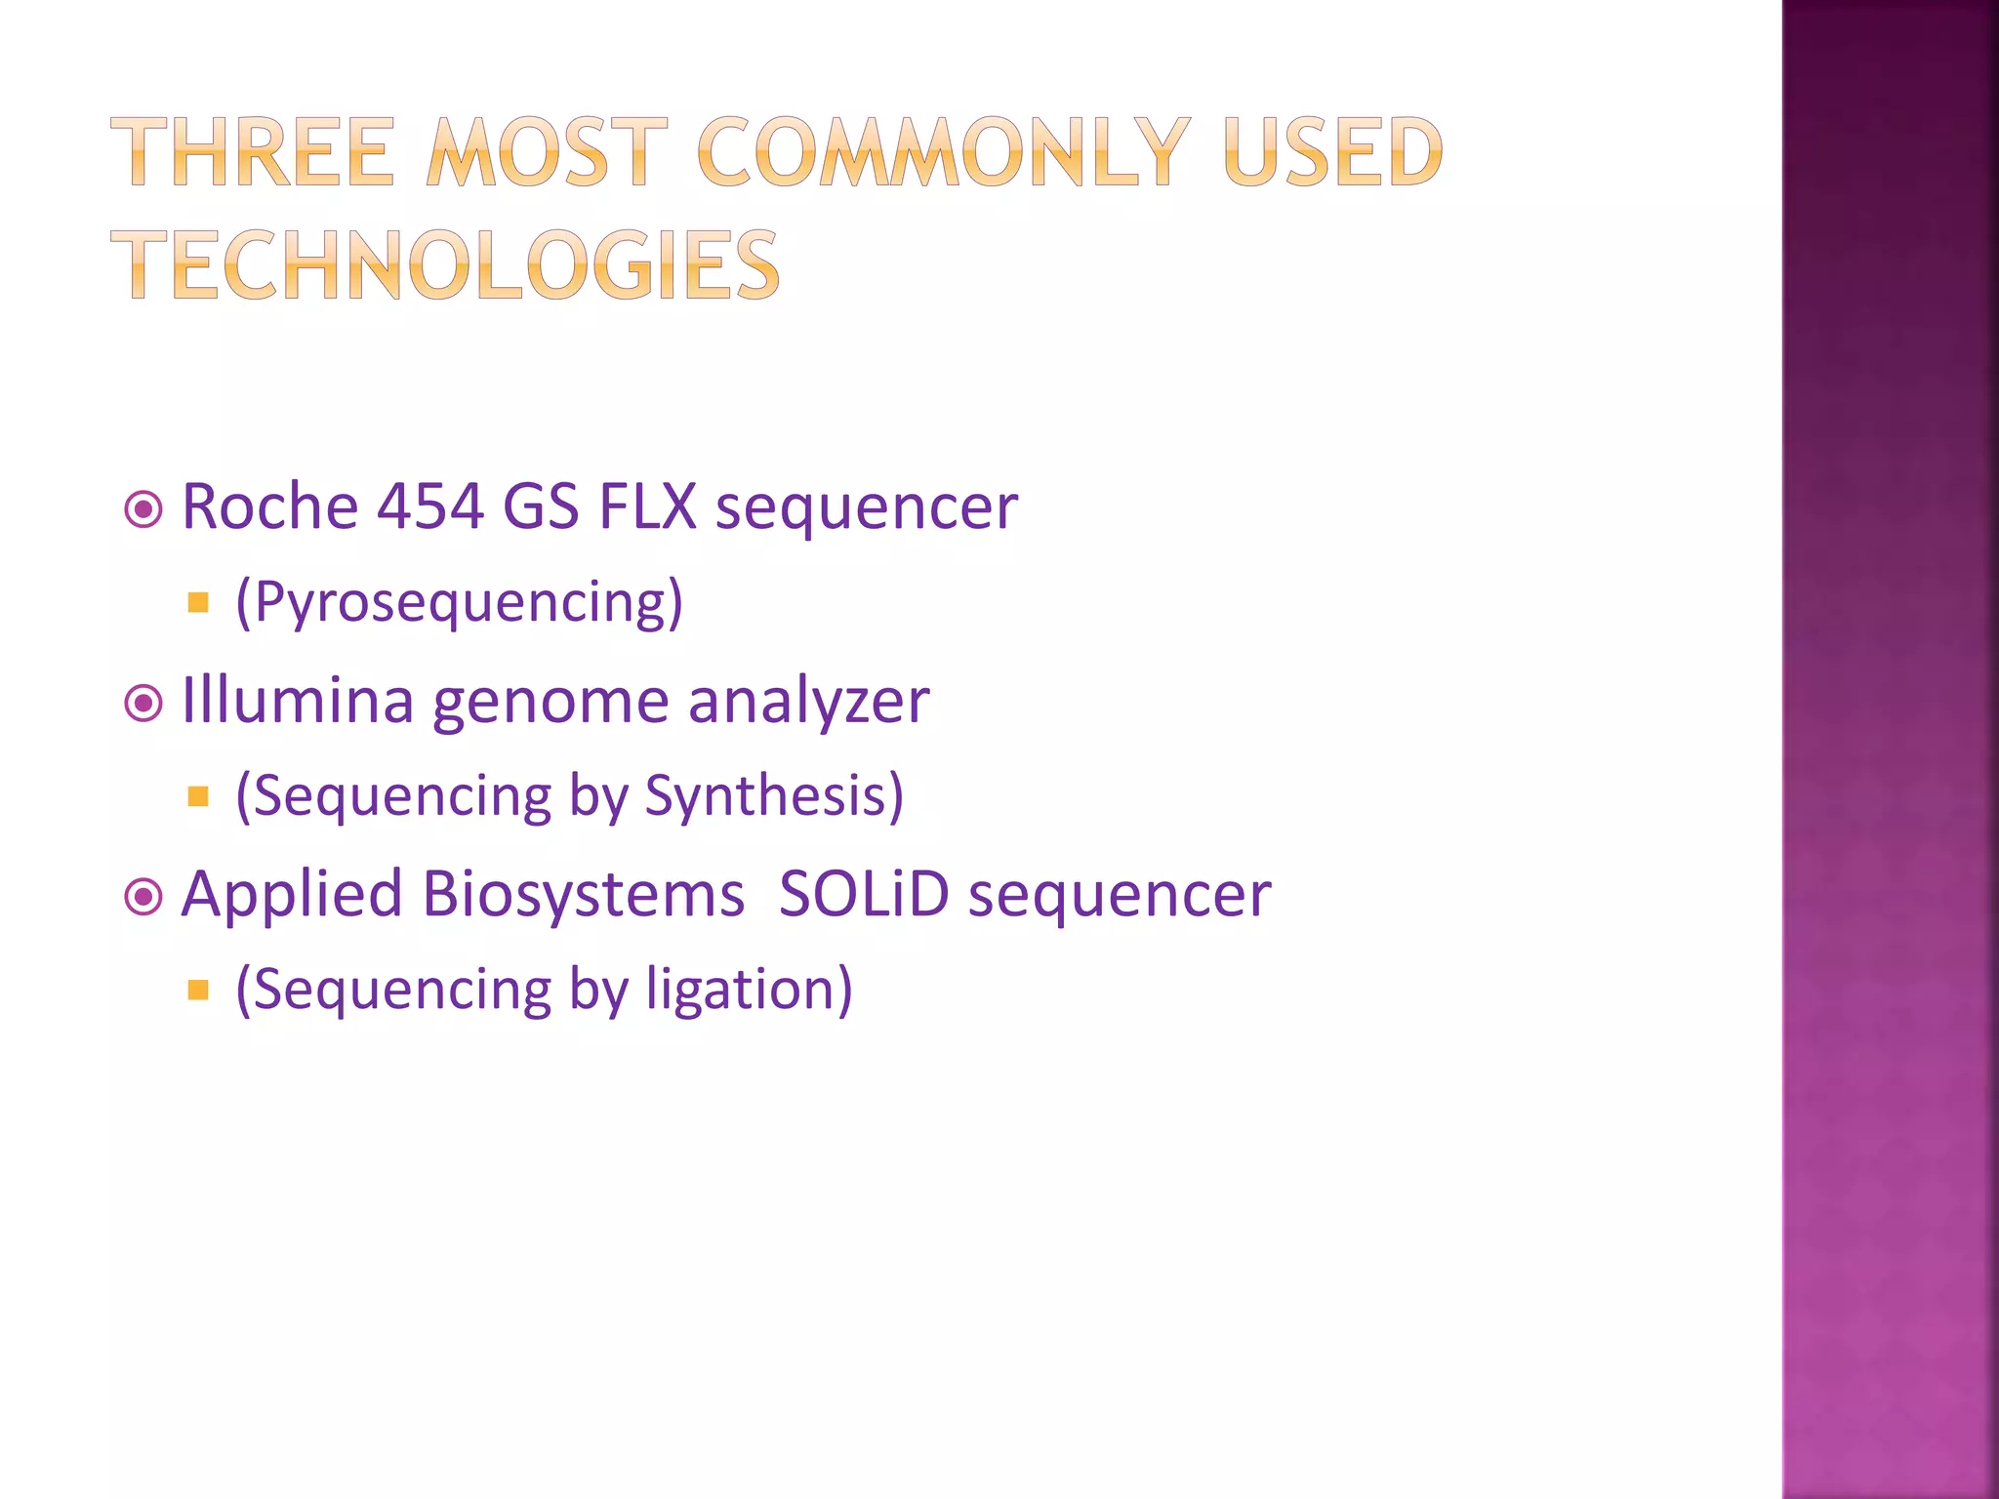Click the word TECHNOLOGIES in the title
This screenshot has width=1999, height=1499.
pos(445,264)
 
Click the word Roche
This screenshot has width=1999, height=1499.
pos(270,506)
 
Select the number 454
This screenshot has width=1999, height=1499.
pos(430,506)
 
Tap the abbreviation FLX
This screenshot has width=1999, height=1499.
pos(647,506)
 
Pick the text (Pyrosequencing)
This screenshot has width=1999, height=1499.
pos(459,602)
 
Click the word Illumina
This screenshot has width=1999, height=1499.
pos(298,701)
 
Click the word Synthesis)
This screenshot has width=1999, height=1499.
pos(774,795)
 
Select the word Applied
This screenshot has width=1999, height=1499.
pos(291,895)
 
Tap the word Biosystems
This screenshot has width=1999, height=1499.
pos(583,895)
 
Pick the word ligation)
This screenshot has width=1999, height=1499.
pos(749,990)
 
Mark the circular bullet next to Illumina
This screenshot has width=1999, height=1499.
pos(143,703)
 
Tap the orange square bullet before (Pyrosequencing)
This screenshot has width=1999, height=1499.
pos(198,602)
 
